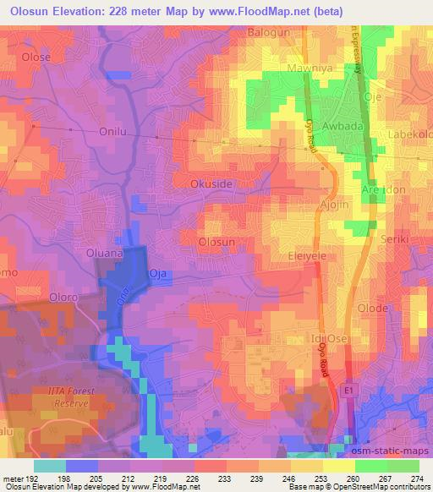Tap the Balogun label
268,32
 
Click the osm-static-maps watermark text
391,452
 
